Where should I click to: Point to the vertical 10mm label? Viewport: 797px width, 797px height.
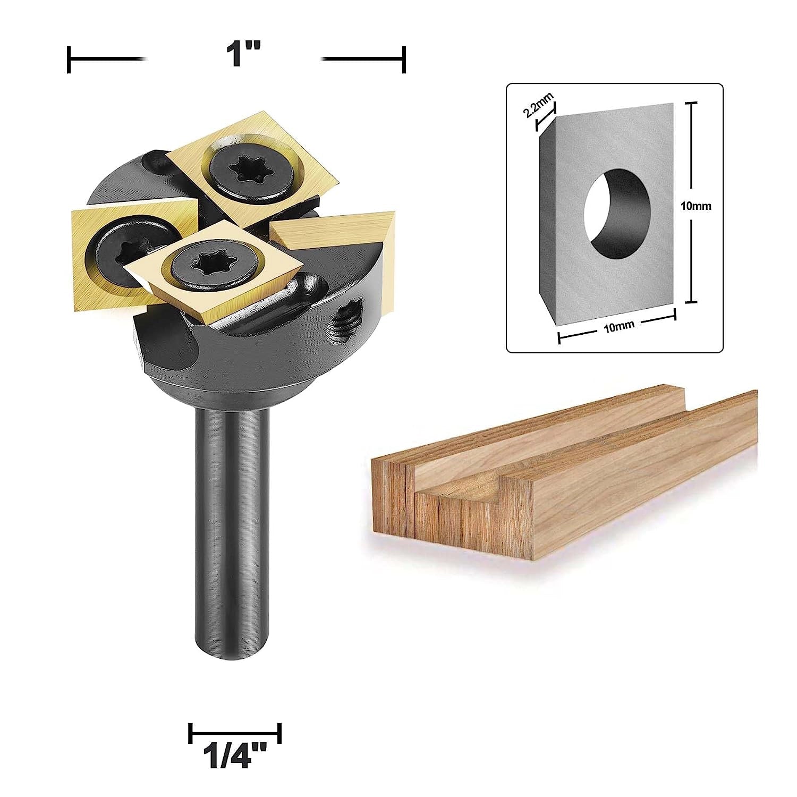pos(696,206)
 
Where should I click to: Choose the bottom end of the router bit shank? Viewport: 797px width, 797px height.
pos(232,656)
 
